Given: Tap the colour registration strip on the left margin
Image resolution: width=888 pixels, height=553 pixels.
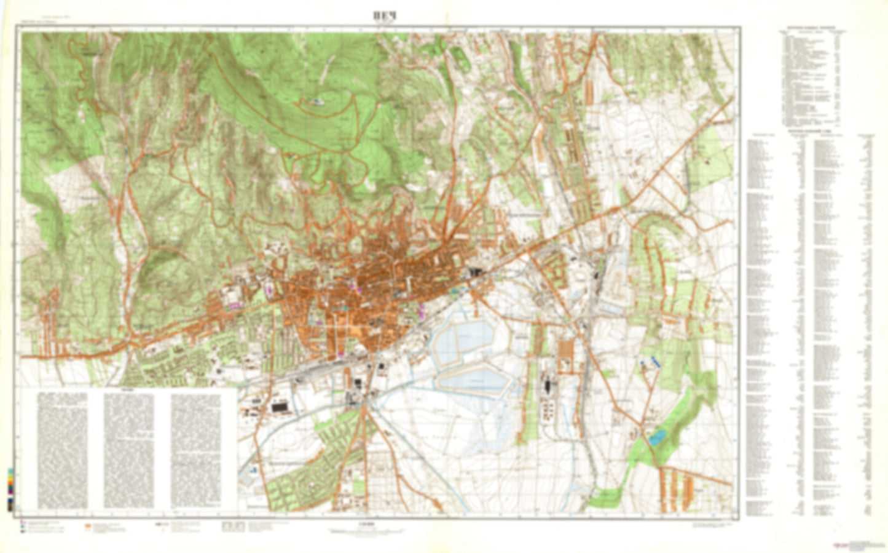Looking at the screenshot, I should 10,490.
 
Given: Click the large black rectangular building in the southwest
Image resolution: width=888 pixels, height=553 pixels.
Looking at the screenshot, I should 280,407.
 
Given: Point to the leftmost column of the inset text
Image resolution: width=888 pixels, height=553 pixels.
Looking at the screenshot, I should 62,451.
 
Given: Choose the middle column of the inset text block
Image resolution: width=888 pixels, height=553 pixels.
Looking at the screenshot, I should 128,451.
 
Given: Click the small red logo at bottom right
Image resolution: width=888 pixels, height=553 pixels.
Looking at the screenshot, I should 839,545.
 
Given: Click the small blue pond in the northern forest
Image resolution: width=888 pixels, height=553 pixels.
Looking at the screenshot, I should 316,101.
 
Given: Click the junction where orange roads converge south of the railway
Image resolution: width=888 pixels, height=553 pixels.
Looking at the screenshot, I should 364,405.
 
